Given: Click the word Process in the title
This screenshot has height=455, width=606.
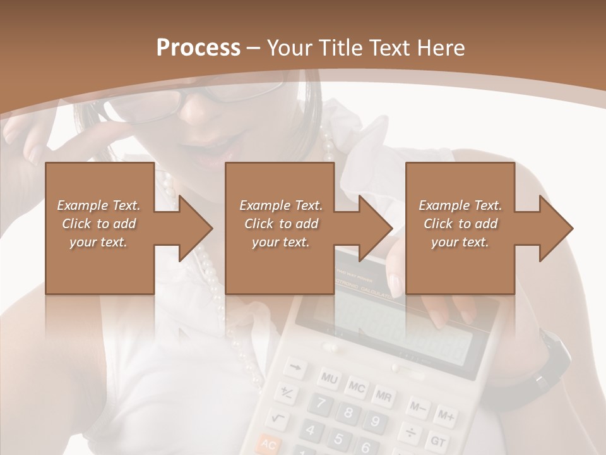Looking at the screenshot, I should (198, 47).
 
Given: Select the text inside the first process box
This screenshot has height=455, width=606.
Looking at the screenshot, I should (98, 224).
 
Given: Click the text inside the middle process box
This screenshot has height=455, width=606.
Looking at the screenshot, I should (281, 224).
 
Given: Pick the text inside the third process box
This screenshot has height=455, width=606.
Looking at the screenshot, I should (460, 224).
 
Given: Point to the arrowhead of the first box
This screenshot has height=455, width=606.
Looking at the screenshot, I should (195, 228).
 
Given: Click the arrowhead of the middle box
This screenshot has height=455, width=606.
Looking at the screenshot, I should (376, 228).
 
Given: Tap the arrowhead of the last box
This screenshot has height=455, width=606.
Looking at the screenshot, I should (556, 228).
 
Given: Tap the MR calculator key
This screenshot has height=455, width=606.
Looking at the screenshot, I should (383, 396).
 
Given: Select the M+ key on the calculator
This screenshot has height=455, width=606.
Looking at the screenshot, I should (446, 416).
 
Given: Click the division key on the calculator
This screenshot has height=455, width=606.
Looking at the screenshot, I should (411, 433).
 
